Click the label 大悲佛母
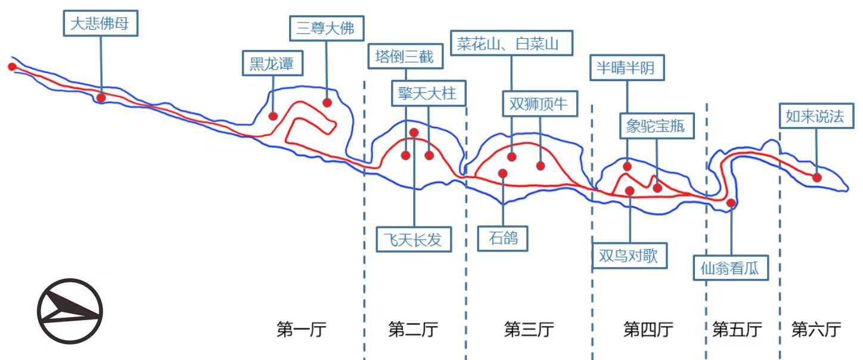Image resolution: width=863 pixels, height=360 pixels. (x=100, y=24)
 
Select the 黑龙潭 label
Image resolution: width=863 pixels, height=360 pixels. (x=272, y=63)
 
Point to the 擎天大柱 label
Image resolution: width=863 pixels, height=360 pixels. (x=429, y=93)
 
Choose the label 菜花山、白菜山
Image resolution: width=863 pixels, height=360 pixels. (x=511, y=44)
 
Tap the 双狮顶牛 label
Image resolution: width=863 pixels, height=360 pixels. (x=539, y=104)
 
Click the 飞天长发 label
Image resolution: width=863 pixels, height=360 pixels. (x=414, y=240)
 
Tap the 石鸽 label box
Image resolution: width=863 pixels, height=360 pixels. (x=503, y=239)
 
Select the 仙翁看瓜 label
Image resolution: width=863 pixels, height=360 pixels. (x=731, y=268)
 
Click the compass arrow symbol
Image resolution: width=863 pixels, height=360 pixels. (x=69, y=311)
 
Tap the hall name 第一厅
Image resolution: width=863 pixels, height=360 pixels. (x=302, y=329)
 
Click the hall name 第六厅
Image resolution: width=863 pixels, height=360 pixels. (x=816, y=329)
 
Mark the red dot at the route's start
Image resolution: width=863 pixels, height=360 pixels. (x=11, y=66)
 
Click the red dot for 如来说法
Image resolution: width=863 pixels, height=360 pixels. (x=817, y=177)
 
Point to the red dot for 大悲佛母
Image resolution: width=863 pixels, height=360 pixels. (x=101, y=97)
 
